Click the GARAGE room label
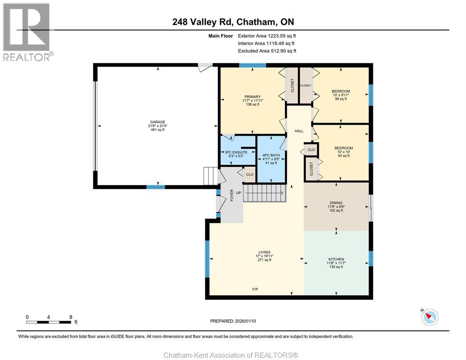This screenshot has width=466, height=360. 158,122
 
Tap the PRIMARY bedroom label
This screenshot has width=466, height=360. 253,97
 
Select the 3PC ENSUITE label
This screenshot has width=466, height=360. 236,152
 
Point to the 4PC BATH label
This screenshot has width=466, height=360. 271,155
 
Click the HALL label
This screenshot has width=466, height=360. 299,131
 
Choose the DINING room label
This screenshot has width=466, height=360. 336,203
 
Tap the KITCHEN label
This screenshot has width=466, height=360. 336,259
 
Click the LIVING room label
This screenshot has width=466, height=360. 264,252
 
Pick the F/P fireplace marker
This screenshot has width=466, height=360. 255,289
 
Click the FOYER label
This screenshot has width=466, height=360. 232,195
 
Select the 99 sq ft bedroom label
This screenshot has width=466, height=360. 341,95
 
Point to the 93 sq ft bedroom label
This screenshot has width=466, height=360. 344,151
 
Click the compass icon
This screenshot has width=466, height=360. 430,317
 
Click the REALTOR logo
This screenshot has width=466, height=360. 27,32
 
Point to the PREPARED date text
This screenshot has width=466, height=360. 233,321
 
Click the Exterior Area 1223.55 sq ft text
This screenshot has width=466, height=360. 267,36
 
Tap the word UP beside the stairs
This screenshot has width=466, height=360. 239,193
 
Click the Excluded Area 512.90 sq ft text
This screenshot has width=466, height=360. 267,51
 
